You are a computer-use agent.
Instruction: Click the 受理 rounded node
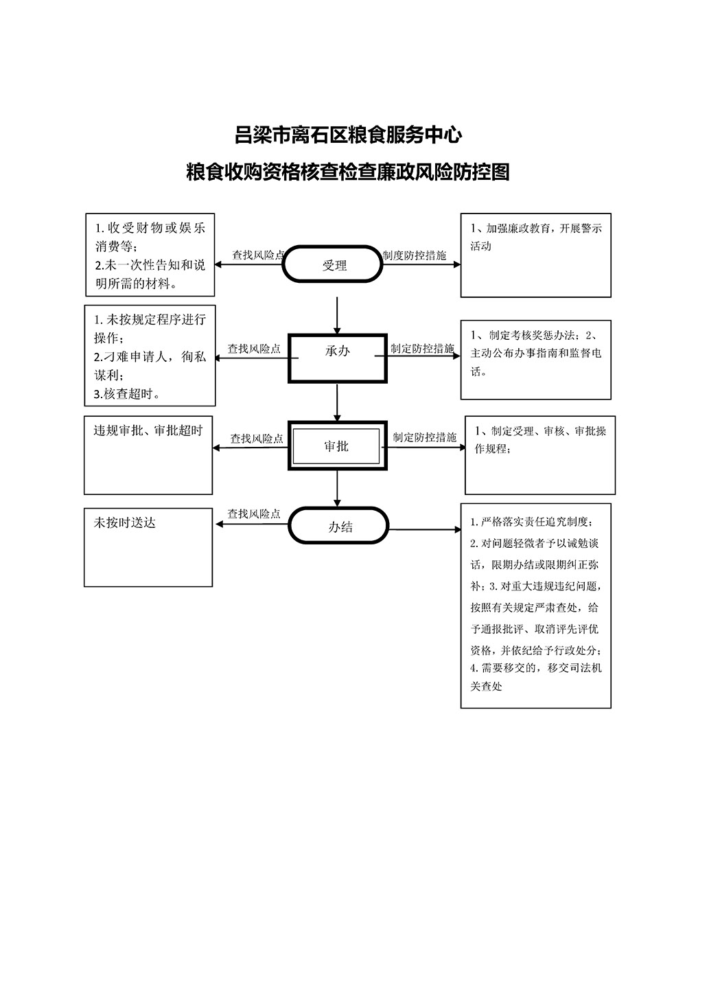332,264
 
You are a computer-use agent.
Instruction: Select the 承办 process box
337,358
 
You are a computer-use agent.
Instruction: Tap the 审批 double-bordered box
337,446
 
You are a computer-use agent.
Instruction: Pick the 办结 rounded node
338,526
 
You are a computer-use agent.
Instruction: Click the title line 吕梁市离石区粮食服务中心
348,135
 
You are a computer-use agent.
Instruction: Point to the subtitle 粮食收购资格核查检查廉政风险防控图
348,172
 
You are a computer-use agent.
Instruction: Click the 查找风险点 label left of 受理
258,255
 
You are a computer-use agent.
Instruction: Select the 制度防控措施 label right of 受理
415,255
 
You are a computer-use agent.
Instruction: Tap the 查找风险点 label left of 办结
254,514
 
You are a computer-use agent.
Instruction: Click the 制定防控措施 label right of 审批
425,437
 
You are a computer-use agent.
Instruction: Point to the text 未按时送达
124,522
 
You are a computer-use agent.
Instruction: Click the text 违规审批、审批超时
148,430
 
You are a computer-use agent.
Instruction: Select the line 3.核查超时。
127,394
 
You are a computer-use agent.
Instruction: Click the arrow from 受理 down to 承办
337,315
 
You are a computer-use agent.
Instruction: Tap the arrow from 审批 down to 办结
337,489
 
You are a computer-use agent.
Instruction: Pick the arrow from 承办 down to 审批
337,402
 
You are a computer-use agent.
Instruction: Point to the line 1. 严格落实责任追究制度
531,522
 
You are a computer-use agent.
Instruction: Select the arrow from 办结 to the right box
425,530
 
